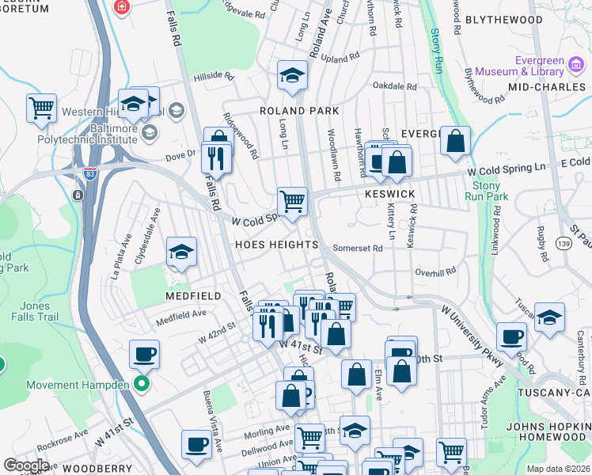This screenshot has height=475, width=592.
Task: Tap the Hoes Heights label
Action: tap(276, 245)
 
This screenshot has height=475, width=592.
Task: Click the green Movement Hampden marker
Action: tap(142, 386)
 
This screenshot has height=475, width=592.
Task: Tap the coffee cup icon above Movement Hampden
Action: tap(144, 354)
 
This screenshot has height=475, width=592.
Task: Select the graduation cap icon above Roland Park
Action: tap(292, 75)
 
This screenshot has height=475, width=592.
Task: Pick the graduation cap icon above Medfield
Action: tap(181, 252)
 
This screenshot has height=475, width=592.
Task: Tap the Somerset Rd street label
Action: tap(358, 248)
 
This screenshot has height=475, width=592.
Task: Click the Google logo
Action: tap(26, 465)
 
